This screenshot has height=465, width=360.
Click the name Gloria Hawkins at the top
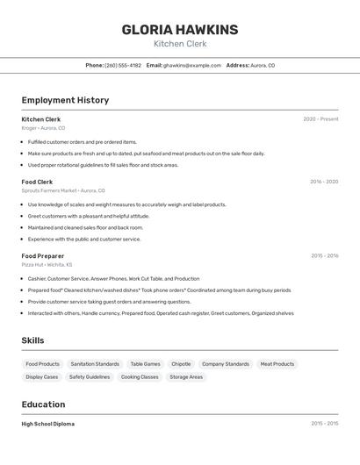pos(180,30)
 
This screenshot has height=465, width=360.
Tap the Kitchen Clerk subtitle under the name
pos(180,43)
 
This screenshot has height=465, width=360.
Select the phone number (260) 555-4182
pos(123,65)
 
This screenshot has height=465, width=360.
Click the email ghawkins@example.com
pos(192,65)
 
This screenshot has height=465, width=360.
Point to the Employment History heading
pos(65,100)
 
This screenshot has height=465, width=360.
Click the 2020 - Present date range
pos(320,119)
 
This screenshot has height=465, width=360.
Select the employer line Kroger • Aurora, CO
pos(43,128)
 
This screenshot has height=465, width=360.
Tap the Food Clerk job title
pos(37,182)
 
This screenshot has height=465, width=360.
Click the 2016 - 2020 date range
pos(324,182)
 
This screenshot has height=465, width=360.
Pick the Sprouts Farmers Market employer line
pos(63,190)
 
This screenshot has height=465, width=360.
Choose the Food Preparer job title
pos(43,256)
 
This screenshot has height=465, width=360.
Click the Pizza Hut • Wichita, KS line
pos(47,265)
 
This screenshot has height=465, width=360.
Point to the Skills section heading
pos(32,340)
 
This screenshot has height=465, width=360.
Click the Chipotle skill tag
pos(181,364)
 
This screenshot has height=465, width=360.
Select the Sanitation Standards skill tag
pos(95,364)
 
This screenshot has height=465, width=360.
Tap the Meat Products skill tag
pos(277,364)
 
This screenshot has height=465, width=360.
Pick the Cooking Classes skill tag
pos(140,377)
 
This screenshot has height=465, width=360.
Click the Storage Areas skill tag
pos(186,377)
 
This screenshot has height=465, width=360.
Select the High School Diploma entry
pos(48,424)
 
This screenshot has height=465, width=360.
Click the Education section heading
pos(43,404)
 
